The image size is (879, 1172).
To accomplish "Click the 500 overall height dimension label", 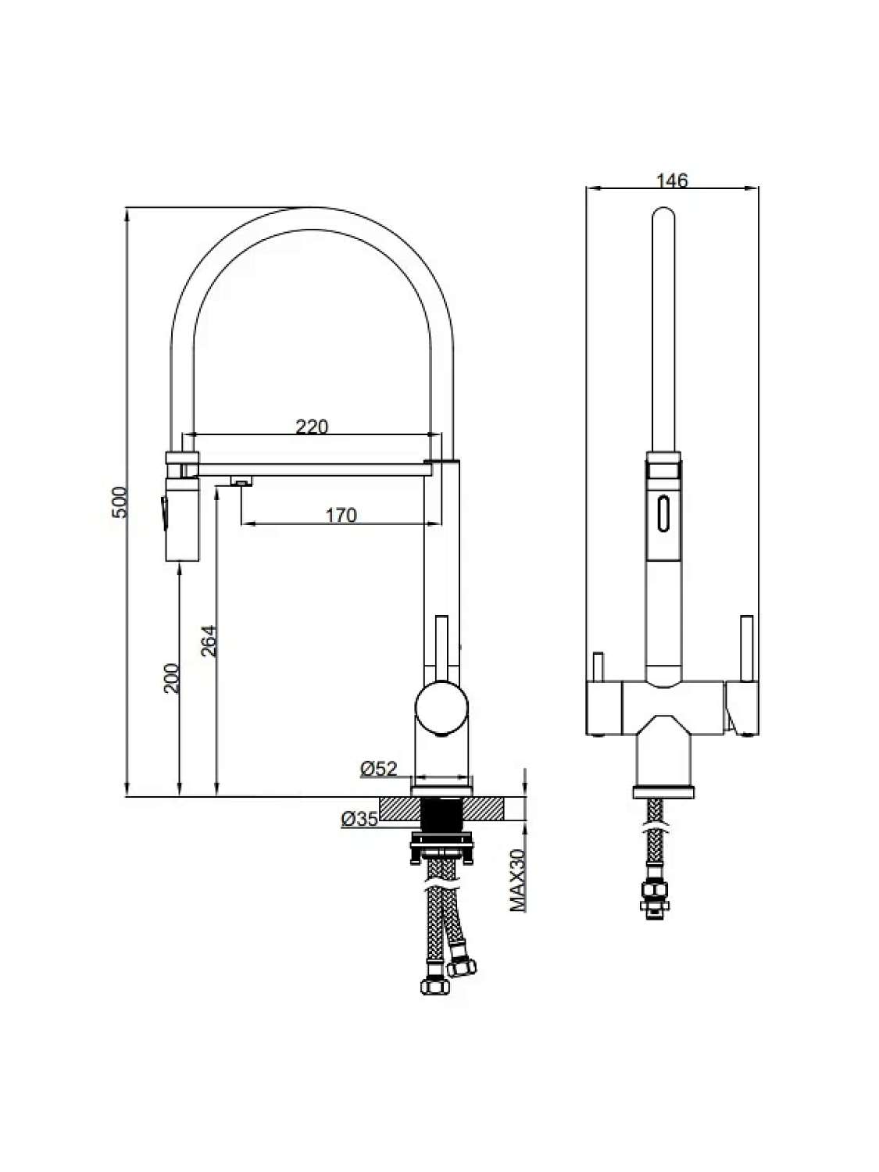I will [119, 502].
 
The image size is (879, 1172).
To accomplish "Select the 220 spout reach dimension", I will [312, 427].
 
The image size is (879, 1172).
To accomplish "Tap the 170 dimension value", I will [341, 515].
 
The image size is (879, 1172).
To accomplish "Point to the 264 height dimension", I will [209, 641].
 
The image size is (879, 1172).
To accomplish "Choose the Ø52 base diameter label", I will [378, 770].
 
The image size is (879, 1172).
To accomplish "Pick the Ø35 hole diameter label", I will [359, 819].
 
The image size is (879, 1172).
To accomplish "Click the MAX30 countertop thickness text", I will [517, 881].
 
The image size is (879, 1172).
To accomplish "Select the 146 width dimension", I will [672, 181].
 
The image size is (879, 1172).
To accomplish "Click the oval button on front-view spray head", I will [663, 514].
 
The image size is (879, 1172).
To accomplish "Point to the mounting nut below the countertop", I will [441, 848].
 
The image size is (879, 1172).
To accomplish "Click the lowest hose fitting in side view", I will [434, 985].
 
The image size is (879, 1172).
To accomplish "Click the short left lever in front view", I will [598, 666].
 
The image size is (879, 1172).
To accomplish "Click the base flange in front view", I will [663, 792].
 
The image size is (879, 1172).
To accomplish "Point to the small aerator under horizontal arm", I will [241, 482].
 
